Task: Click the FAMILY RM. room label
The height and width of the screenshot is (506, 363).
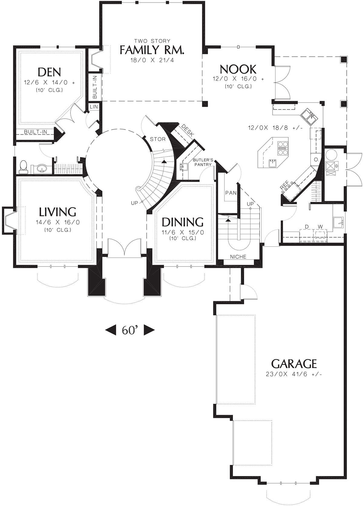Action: (x=152, y=50)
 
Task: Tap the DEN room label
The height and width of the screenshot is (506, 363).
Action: (x=50, y=72)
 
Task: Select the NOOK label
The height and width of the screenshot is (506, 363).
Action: (x=238, y=69)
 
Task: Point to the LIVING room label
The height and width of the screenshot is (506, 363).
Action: (x=57, y=212)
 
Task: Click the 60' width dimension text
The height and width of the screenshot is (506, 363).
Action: (x=130, y=330)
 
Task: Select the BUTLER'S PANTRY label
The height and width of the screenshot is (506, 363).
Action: (x=203, y=162)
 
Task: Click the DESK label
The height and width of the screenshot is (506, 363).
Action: (x=188, y=130)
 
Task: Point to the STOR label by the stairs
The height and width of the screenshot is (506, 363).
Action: (x=158, y=139)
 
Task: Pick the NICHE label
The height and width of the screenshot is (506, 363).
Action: (x=238, y=256)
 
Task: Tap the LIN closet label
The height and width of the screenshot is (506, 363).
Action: (x=94, y=106)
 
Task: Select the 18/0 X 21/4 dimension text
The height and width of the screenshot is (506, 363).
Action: (x=152, y=60)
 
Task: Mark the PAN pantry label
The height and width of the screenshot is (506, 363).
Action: (x=231, y=193)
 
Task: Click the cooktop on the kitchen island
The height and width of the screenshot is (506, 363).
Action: (x=282, y=148)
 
